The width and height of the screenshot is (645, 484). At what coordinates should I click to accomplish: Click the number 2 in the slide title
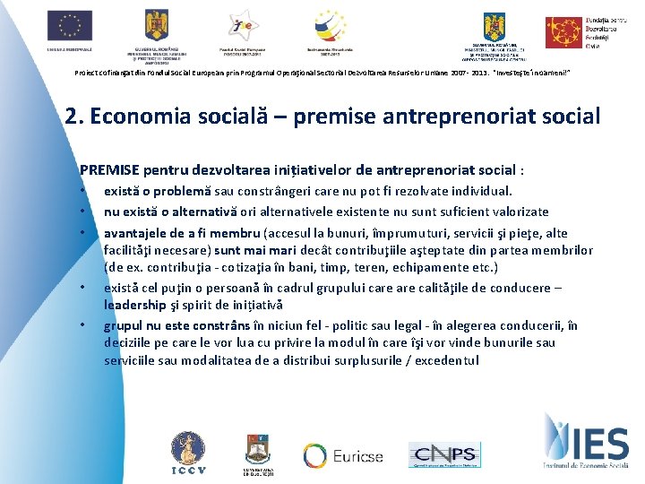[72, 116]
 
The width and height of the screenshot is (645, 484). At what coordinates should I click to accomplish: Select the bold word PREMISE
[107, 169]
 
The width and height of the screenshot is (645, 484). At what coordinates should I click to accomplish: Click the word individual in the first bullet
[479, 191]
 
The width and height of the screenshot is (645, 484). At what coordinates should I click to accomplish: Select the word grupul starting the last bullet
[124, 325]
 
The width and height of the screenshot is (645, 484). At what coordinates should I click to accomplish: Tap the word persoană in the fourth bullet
[254, 288]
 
